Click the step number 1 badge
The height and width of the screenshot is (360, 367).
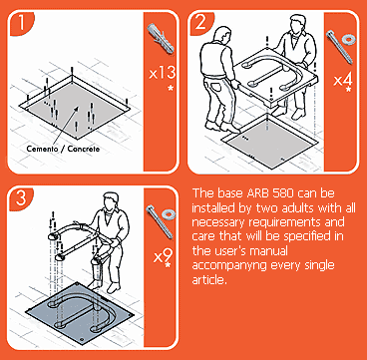click(21, 23)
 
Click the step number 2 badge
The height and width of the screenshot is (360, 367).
click(199, 23)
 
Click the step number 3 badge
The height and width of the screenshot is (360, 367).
click(21, 198)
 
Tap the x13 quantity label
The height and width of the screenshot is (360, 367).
click(162, 73)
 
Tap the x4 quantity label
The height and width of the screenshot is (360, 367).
click(343, 80)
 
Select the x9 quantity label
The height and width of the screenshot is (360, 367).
click(163, 256)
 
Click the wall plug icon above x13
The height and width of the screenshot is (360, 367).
click(161, 38)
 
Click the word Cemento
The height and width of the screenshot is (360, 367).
click(43, 149)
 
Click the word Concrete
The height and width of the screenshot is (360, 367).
click(84, 149)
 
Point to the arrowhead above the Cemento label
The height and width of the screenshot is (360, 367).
click(78, 108)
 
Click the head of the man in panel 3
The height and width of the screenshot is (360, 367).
click(110, 202)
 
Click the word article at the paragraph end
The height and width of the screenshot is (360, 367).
click(209, 280)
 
